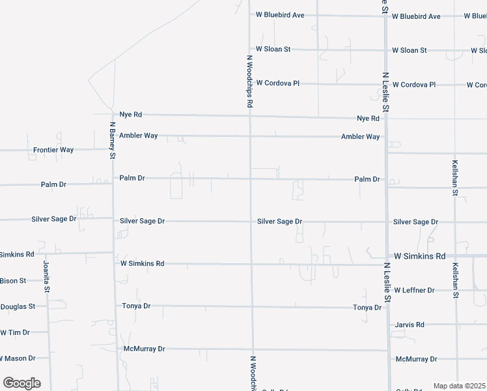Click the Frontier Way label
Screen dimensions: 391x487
point(53,150)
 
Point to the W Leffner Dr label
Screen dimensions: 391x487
point(414,290)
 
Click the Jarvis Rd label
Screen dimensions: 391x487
point(410,325)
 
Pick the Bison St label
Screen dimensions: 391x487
point(13,281)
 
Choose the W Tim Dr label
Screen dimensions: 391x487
point(15,332)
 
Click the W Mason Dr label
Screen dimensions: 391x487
point(18,358)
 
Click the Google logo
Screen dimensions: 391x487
point(21,383)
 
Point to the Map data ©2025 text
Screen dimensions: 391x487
point(460,386)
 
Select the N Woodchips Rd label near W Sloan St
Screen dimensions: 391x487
point(249,81)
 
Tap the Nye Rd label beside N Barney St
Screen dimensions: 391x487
point(130,115)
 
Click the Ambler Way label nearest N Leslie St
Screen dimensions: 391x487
point(360,137)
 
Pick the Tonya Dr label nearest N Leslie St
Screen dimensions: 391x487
point(367,308)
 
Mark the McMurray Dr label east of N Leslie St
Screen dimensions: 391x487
point(415,359)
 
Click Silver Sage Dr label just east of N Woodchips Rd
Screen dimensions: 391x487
point(279,222)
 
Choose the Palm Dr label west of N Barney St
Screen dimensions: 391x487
point(53,184)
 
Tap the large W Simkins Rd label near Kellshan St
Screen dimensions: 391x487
point(419,256)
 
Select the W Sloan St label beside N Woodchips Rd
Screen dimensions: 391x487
point(273,50)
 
